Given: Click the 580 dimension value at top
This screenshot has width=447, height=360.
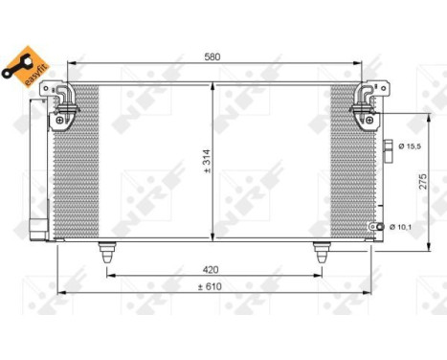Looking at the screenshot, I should pyautogui.click(x=212, y=57).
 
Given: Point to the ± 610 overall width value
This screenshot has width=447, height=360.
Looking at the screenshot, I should pyautogui.click(x=212, y=285).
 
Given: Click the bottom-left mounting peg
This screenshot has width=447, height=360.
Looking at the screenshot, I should pyautogui.click(x=106, y=252).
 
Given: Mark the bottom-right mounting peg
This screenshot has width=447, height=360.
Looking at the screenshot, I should pyautogui.click(x=320, y=252).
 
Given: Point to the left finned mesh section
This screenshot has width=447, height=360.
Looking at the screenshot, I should pyautogui.click(x=77, y=163).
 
